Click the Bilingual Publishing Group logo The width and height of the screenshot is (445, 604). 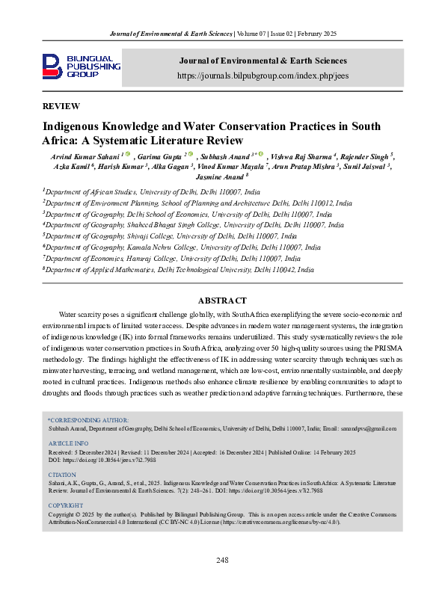tap(81, 66)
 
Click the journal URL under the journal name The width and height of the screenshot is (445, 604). tap(262, 75)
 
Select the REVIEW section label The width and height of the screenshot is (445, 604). tap(61, 107)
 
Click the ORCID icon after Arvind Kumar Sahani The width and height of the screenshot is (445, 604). tap(128, 155)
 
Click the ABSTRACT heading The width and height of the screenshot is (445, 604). tap(222, 301)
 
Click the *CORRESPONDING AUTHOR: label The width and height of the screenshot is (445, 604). tap(88, 420)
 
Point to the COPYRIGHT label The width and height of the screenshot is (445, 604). tap(67, 505)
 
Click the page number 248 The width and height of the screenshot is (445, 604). tap(222, 561)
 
